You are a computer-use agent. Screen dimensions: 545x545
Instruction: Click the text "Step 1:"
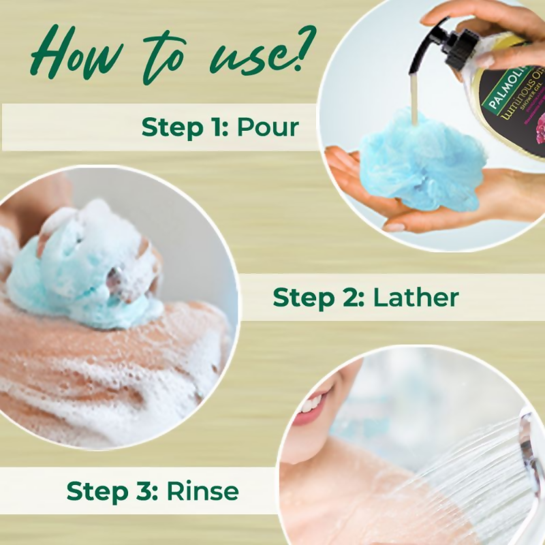[184, 127]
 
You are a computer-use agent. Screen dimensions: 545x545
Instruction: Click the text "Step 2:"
[317, 297]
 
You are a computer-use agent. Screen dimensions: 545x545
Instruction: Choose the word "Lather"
[416, 297]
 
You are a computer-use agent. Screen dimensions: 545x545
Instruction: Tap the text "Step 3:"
[112, 490]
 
